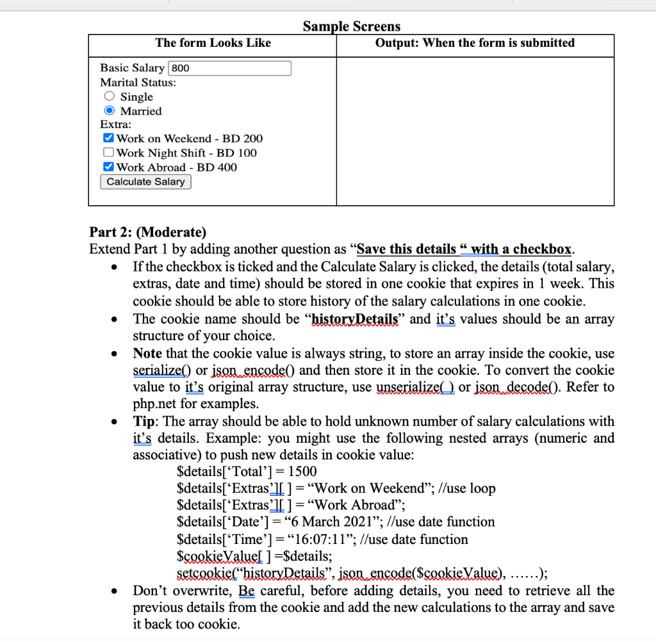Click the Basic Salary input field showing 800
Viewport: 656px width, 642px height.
[x=229, y=68]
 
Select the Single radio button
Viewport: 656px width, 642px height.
[x=110, y=97]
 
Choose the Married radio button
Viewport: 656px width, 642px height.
[x=110, y=111]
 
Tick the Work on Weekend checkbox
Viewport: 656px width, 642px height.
[x=109, y=138]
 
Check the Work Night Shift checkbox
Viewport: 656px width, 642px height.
[x=109, y=152]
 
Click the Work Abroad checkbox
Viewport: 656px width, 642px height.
[x=109, y=167]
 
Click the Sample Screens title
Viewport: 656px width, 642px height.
[x=351, y=26]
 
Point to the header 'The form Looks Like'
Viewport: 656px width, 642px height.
[x=213, y=43]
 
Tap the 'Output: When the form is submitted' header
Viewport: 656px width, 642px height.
[x=475, y=43]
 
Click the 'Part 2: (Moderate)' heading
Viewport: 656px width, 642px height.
[x=148, y=232]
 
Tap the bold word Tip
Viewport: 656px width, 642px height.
[x=143, y=422]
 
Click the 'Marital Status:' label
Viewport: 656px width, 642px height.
[x=138, y=83]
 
